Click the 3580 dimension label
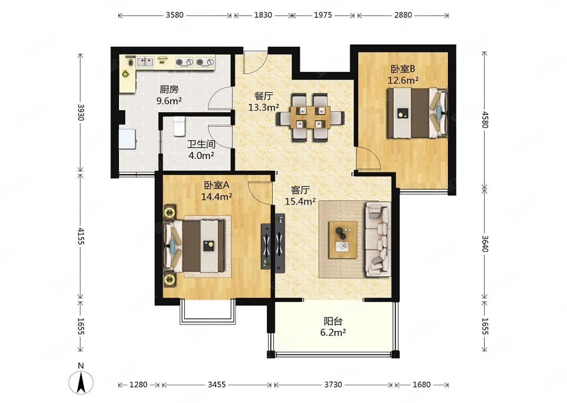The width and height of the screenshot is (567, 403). click(x=174, y=15)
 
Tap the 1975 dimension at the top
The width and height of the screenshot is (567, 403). click(x=323, y=15)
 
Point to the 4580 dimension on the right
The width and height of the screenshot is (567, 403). click(x=485, y=120)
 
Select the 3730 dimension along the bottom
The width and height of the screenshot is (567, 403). click(x=333, y=385)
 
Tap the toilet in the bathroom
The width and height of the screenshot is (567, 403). click(x=179, y=126)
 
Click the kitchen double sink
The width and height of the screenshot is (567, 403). click(x=145, y=62)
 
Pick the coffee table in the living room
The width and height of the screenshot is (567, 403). click(x=343, y=240)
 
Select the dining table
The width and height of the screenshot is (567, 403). click(x=310, y=117)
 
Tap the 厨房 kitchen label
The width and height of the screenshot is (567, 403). click(x=169, y=89)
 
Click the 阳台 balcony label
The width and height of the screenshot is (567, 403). click(x=333, y=321)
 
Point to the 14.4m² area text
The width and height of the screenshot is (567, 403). click(x=217, y=196)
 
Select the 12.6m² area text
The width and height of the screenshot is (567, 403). click(x=403, y=80)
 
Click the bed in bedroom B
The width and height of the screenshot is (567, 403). click(x=417, y=113)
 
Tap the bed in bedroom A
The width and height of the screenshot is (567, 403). click(x=195, y=246)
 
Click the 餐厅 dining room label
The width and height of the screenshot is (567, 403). click(x=263, y=96)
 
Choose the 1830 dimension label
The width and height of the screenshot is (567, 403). click(x=263, y=15)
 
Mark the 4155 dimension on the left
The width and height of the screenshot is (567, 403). click(x=81, y=236)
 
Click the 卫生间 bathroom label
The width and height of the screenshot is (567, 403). click(x=201, y=144)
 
